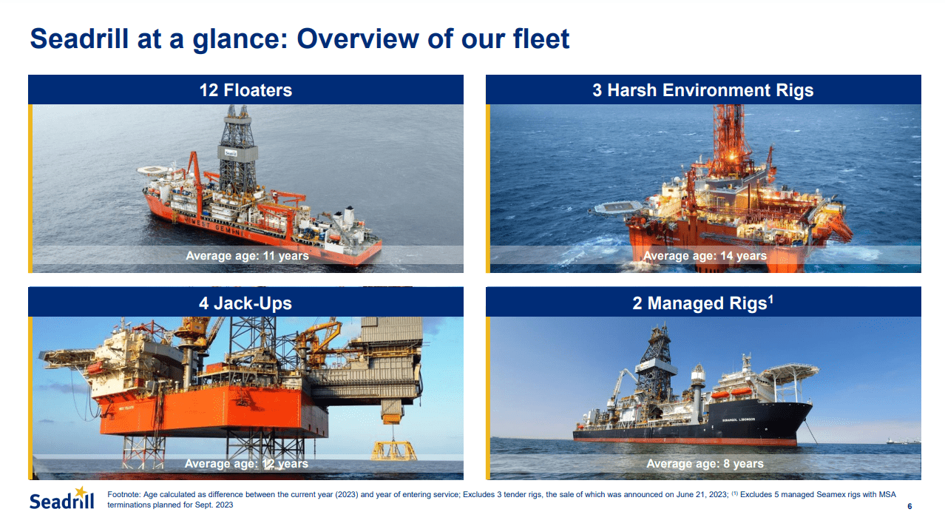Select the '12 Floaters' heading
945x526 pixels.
(245, 90)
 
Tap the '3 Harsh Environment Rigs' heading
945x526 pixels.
(702, 90)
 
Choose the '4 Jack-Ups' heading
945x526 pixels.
(245, 303)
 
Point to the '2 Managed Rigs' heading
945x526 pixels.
(699, 303)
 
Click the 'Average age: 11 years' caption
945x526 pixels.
(247, 256)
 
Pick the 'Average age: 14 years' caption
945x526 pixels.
(705, 256)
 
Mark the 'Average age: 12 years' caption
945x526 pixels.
(246, 464)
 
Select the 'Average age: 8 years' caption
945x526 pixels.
(705, 464)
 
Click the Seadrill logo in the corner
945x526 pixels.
(62, 499)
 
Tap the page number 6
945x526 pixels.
(909, 507)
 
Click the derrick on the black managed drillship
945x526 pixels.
(654, 363)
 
